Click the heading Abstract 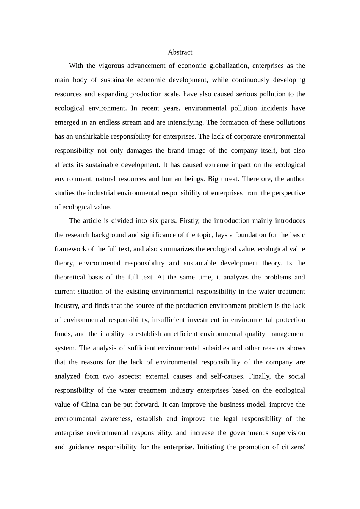point(180,52)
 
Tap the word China point(90,404)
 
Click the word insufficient point(169,320)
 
